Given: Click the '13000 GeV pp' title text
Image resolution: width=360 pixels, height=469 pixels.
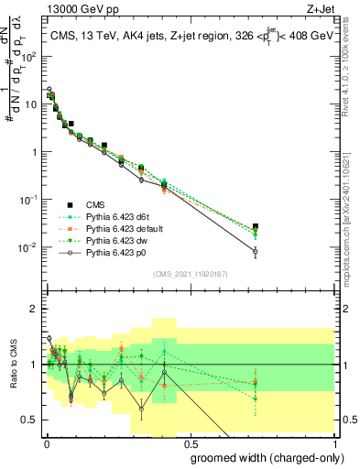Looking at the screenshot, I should coord(75,8).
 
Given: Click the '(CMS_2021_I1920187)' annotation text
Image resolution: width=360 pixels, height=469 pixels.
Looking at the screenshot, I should coord(190,274).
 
